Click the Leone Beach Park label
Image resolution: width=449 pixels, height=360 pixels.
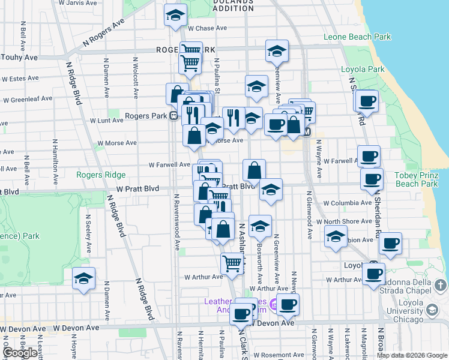(x=357, y=37)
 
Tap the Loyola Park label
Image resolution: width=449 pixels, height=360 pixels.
(x=363, y=69)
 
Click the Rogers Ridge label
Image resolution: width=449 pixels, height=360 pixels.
(x=101, y=175)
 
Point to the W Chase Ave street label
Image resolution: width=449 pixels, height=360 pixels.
(x=207, y=28)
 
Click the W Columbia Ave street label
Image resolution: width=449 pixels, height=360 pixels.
(x=348, y=203)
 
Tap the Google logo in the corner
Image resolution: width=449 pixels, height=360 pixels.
(x=19, y=353)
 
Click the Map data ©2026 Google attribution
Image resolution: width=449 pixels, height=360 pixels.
(x=412, y=355)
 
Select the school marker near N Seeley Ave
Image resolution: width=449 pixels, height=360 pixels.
(x=83, y=278)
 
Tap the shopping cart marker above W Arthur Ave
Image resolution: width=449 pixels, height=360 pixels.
(x=232, y=263)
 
